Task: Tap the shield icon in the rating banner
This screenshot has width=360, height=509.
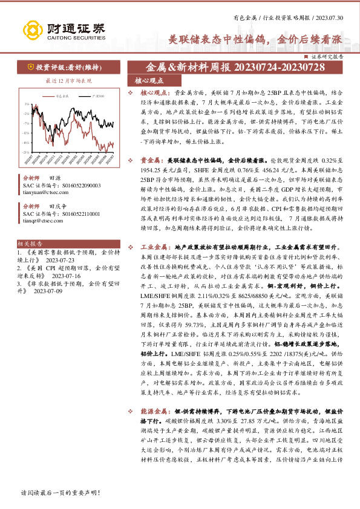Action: point(29,68)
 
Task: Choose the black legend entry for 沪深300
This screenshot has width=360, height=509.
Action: point(97,96)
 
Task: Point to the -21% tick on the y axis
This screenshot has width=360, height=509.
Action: point(27,152)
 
